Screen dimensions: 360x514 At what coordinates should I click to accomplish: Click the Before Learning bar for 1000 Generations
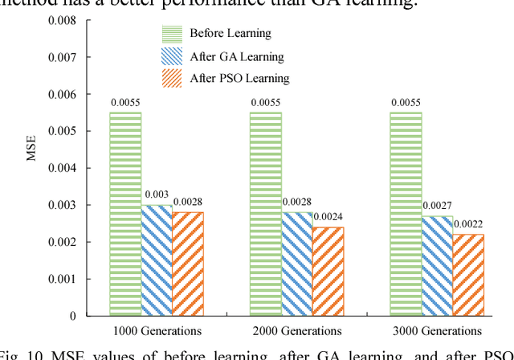[125, 214]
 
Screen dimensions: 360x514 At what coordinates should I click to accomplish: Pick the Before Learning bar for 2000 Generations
[266, 214]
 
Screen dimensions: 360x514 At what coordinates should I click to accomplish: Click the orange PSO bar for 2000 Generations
[328, 271]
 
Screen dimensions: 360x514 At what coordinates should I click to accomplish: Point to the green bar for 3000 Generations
[406, 214]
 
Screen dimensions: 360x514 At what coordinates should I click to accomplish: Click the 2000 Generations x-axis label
[297, 330]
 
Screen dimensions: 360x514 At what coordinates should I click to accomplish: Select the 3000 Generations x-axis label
[437, 330]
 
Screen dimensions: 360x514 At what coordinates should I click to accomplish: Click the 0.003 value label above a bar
[156, 195]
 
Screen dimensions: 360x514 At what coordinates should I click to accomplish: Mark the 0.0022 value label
[468, 224]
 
